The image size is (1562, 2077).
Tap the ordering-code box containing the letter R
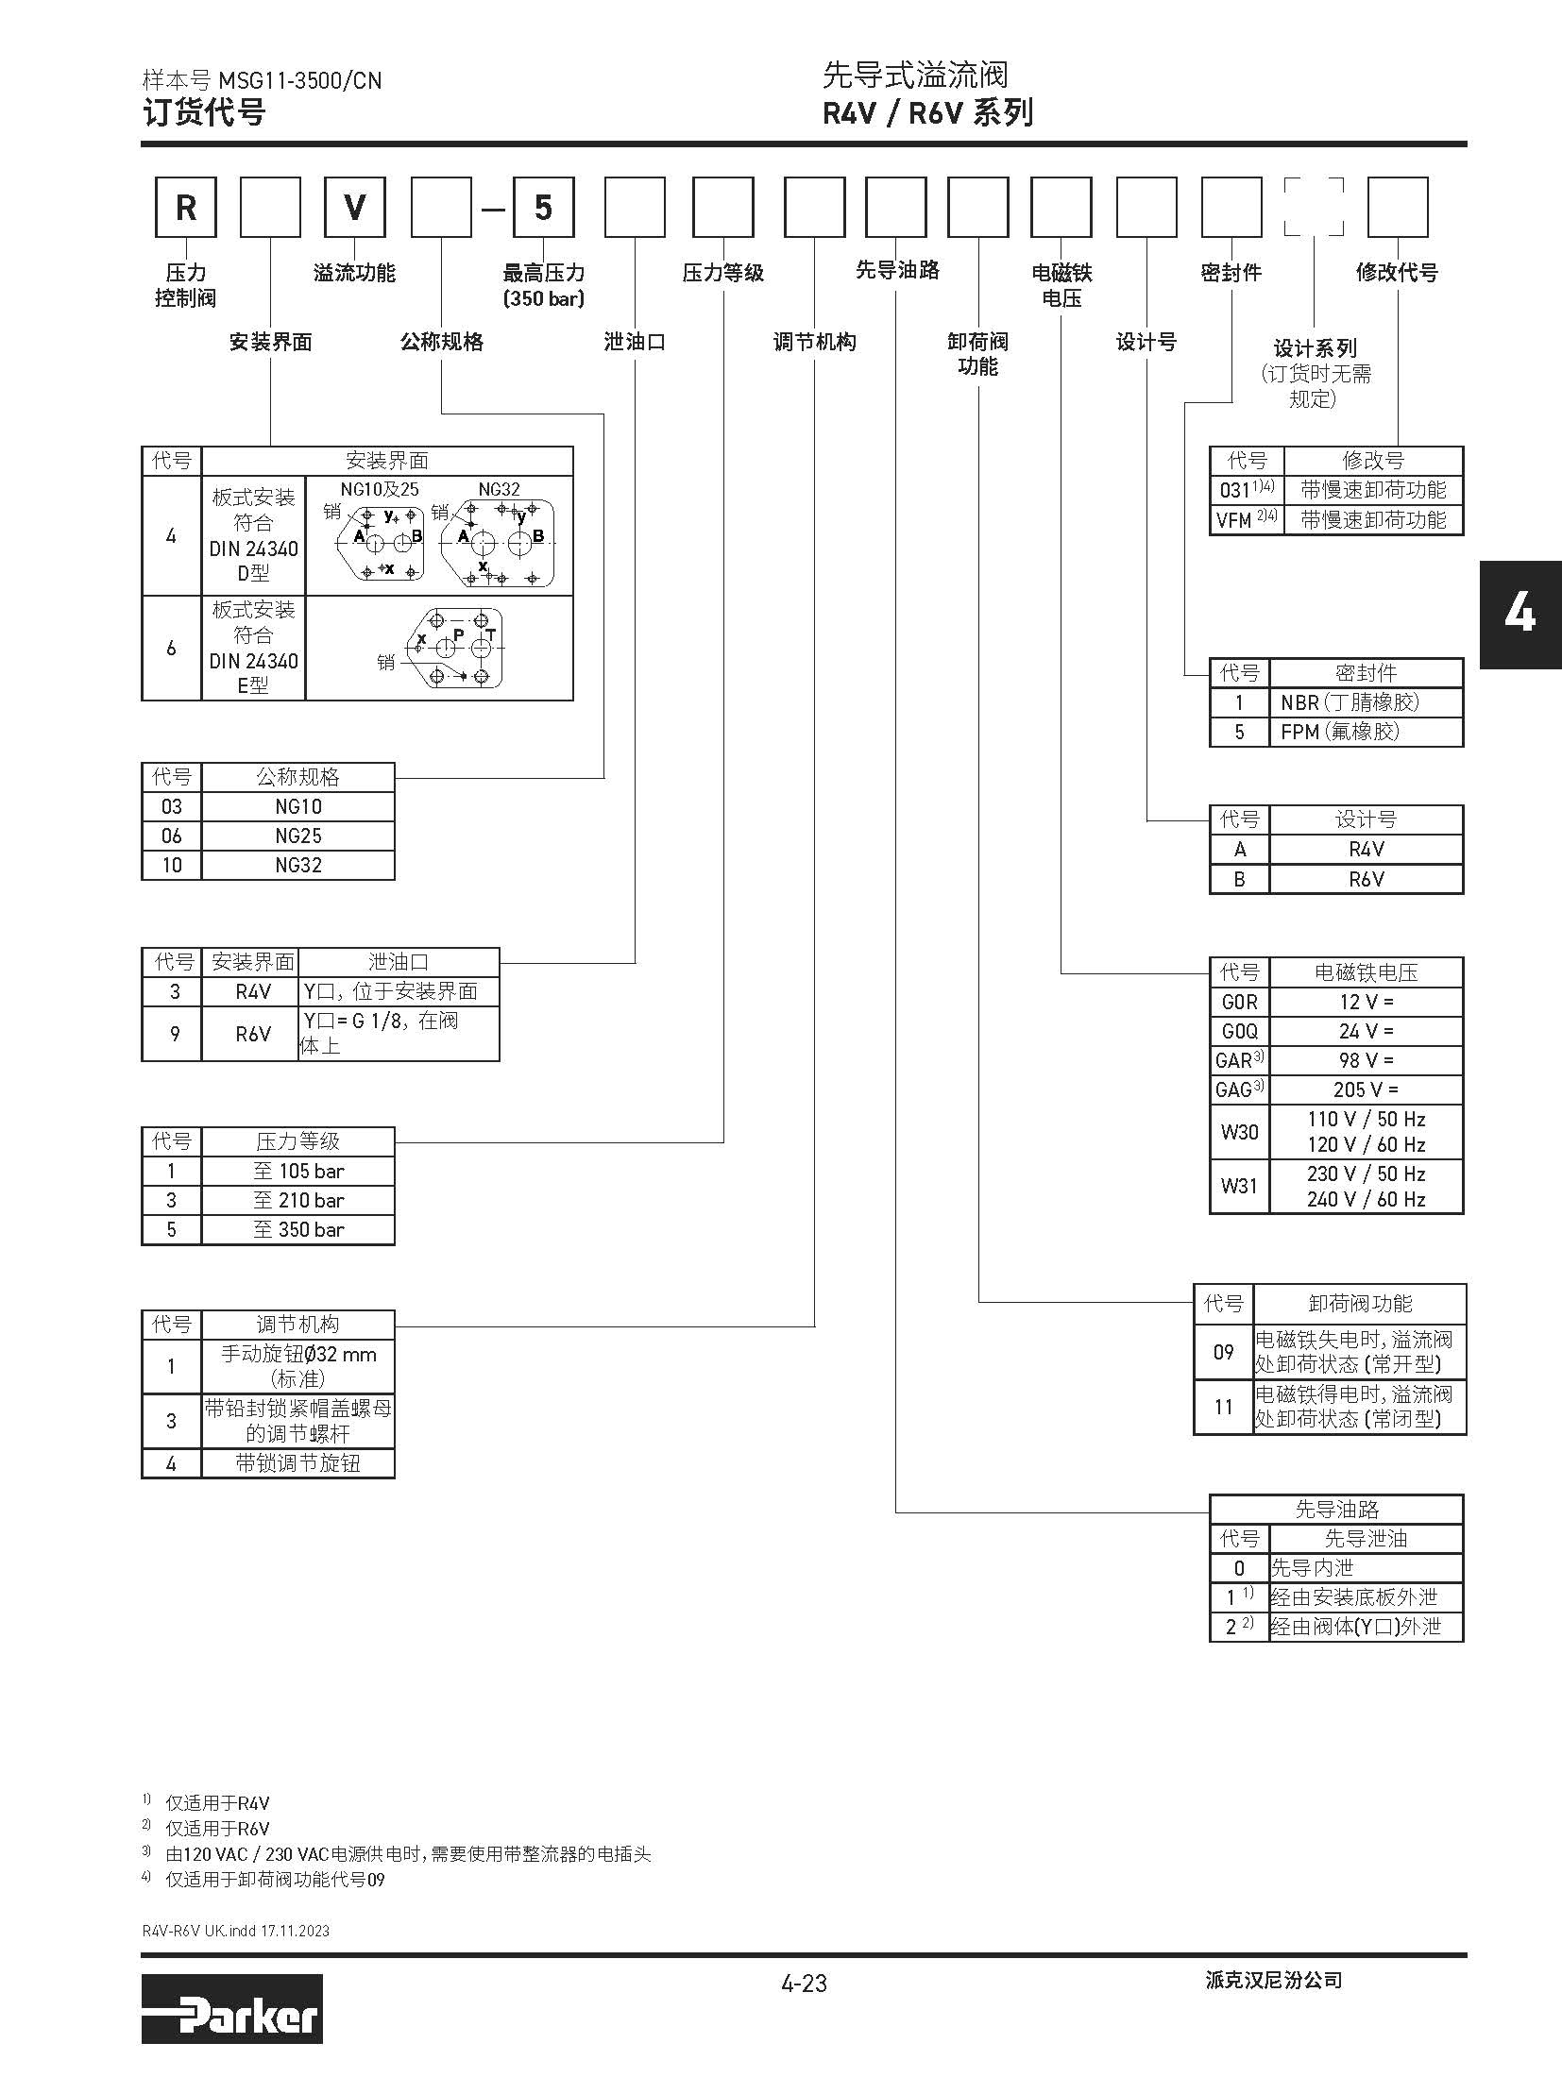click(186, 208)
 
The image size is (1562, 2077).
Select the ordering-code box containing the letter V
click(355, 208)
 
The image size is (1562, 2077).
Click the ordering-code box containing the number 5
click(543, 208)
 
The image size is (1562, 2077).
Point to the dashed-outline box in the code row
click(1314, 207)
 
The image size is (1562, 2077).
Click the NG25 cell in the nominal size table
click(298, 836)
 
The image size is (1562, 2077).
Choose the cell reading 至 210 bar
click(298, 1200)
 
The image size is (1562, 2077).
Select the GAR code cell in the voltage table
click(1239, 1060)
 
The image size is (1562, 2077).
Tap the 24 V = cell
click(1366, 1031)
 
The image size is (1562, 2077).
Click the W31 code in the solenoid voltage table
click(1239, 1185)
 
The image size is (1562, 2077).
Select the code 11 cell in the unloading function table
click(1224, 1407)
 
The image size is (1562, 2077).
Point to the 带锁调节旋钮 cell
click(298, 1463)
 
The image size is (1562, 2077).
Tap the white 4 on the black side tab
click(1520, 615)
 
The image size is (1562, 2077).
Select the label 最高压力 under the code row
click(543, 274)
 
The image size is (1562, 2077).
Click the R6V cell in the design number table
click(1366, 879)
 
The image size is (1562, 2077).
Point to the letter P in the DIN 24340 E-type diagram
click(459, 633)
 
